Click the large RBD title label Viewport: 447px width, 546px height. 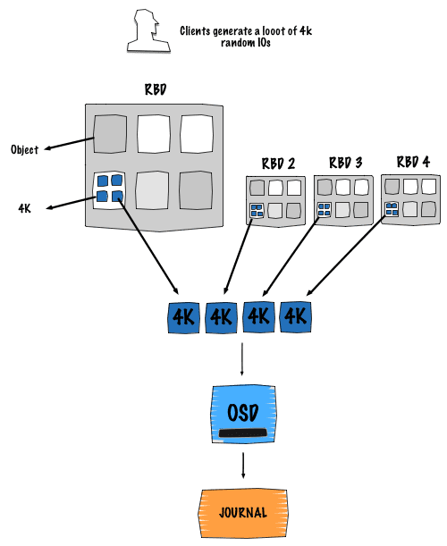tap(156, 89)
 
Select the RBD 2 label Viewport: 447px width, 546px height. tap(278, 164)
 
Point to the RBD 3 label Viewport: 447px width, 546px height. tap(346, 163)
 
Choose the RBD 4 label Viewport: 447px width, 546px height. tap(413, 162)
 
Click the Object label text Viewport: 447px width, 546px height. tap(24, 150)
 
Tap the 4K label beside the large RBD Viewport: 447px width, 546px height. tap(24, 208)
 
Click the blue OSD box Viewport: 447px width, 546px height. tap(243, 414)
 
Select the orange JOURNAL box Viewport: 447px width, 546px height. tap(243, 513)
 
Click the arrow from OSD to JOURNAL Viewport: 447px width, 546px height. tap(243, 466)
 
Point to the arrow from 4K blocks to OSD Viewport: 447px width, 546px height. tap(241, 359)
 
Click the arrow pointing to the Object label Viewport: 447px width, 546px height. tap(70, 144)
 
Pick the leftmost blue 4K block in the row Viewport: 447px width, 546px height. tap(183, 317)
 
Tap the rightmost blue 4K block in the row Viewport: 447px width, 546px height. tap(295, 317)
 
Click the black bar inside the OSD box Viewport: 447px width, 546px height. tap(243, 433)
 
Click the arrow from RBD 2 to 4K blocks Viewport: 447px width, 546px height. tap(238, 256)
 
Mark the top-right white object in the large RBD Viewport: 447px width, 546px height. tap(197, 134)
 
